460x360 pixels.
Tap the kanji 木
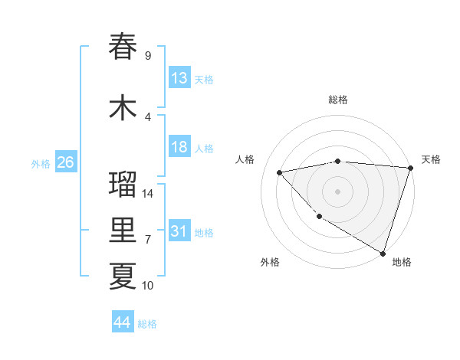[123, 107]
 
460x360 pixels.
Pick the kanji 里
[123, 231]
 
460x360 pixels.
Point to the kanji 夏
[123, 276]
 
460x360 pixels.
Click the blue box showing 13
[179, 78]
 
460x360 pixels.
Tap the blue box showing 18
[179, 147]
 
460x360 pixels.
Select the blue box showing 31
[179, 231]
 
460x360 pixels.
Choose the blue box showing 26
[65, 162]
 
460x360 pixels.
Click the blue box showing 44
[123, 322]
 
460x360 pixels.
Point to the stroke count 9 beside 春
[148, 56]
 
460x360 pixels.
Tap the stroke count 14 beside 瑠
[148, 194]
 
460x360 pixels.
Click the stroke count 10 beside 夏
[148, 286]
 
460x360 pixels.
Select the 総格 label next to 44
[147, 324]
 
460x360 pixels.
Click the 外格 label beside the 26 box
[40, 164]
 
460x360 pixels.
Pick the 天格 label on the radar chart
[431, 159]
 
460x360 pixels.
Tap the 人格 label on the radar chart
[245, 159]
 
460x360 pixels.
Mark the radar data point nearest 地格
[383, 252]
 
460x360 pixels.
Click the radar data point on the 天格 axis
[410, 168]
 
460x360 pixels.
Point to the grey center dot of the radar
[337, 191]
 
